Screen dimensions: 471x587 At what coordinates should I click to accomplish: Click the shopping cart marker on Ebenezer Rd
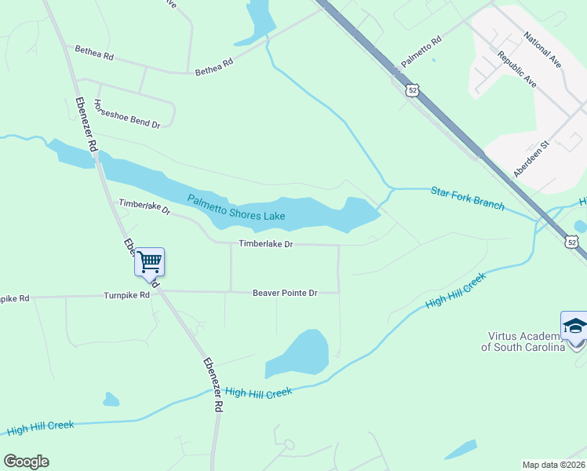tap(149, 261)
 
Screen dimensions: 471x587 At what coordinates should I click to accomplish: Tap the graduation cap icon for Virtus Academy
tap(574, 326)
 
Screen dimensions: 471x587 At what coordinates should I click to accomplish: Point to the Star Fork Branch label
tap(467, 198)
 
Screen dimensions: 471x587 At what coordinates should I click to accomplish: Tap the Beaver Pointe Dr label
tap(284, 293)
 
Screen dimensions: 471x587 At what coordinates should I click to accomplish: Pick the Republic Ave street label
tap(516, 69)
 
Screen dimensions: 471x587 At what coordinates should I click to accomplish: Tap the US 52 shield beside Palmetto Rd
tap(413, 90)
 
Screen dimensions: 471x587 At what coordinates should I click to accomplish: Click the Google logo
tap(26, 462)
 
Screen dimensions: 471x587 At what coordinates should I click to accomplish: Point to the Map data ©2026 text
tap(552, 464)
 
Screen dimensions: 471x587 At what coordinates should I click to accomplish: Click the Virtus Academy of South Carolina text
tap(523, 341)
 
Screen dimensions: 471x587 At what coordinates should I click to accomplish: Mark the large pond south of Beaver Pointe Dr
tap(301, 353)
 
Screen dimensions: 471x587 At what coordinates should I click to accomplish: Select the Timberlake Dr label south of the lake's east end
tap(265, 244)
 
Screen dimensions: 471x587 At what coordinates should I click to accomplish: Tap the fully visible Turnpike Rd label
tap(126, 296)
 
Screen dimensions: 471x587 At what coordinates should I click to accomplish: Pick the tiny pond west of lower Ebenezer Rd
tap(111, 400)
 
